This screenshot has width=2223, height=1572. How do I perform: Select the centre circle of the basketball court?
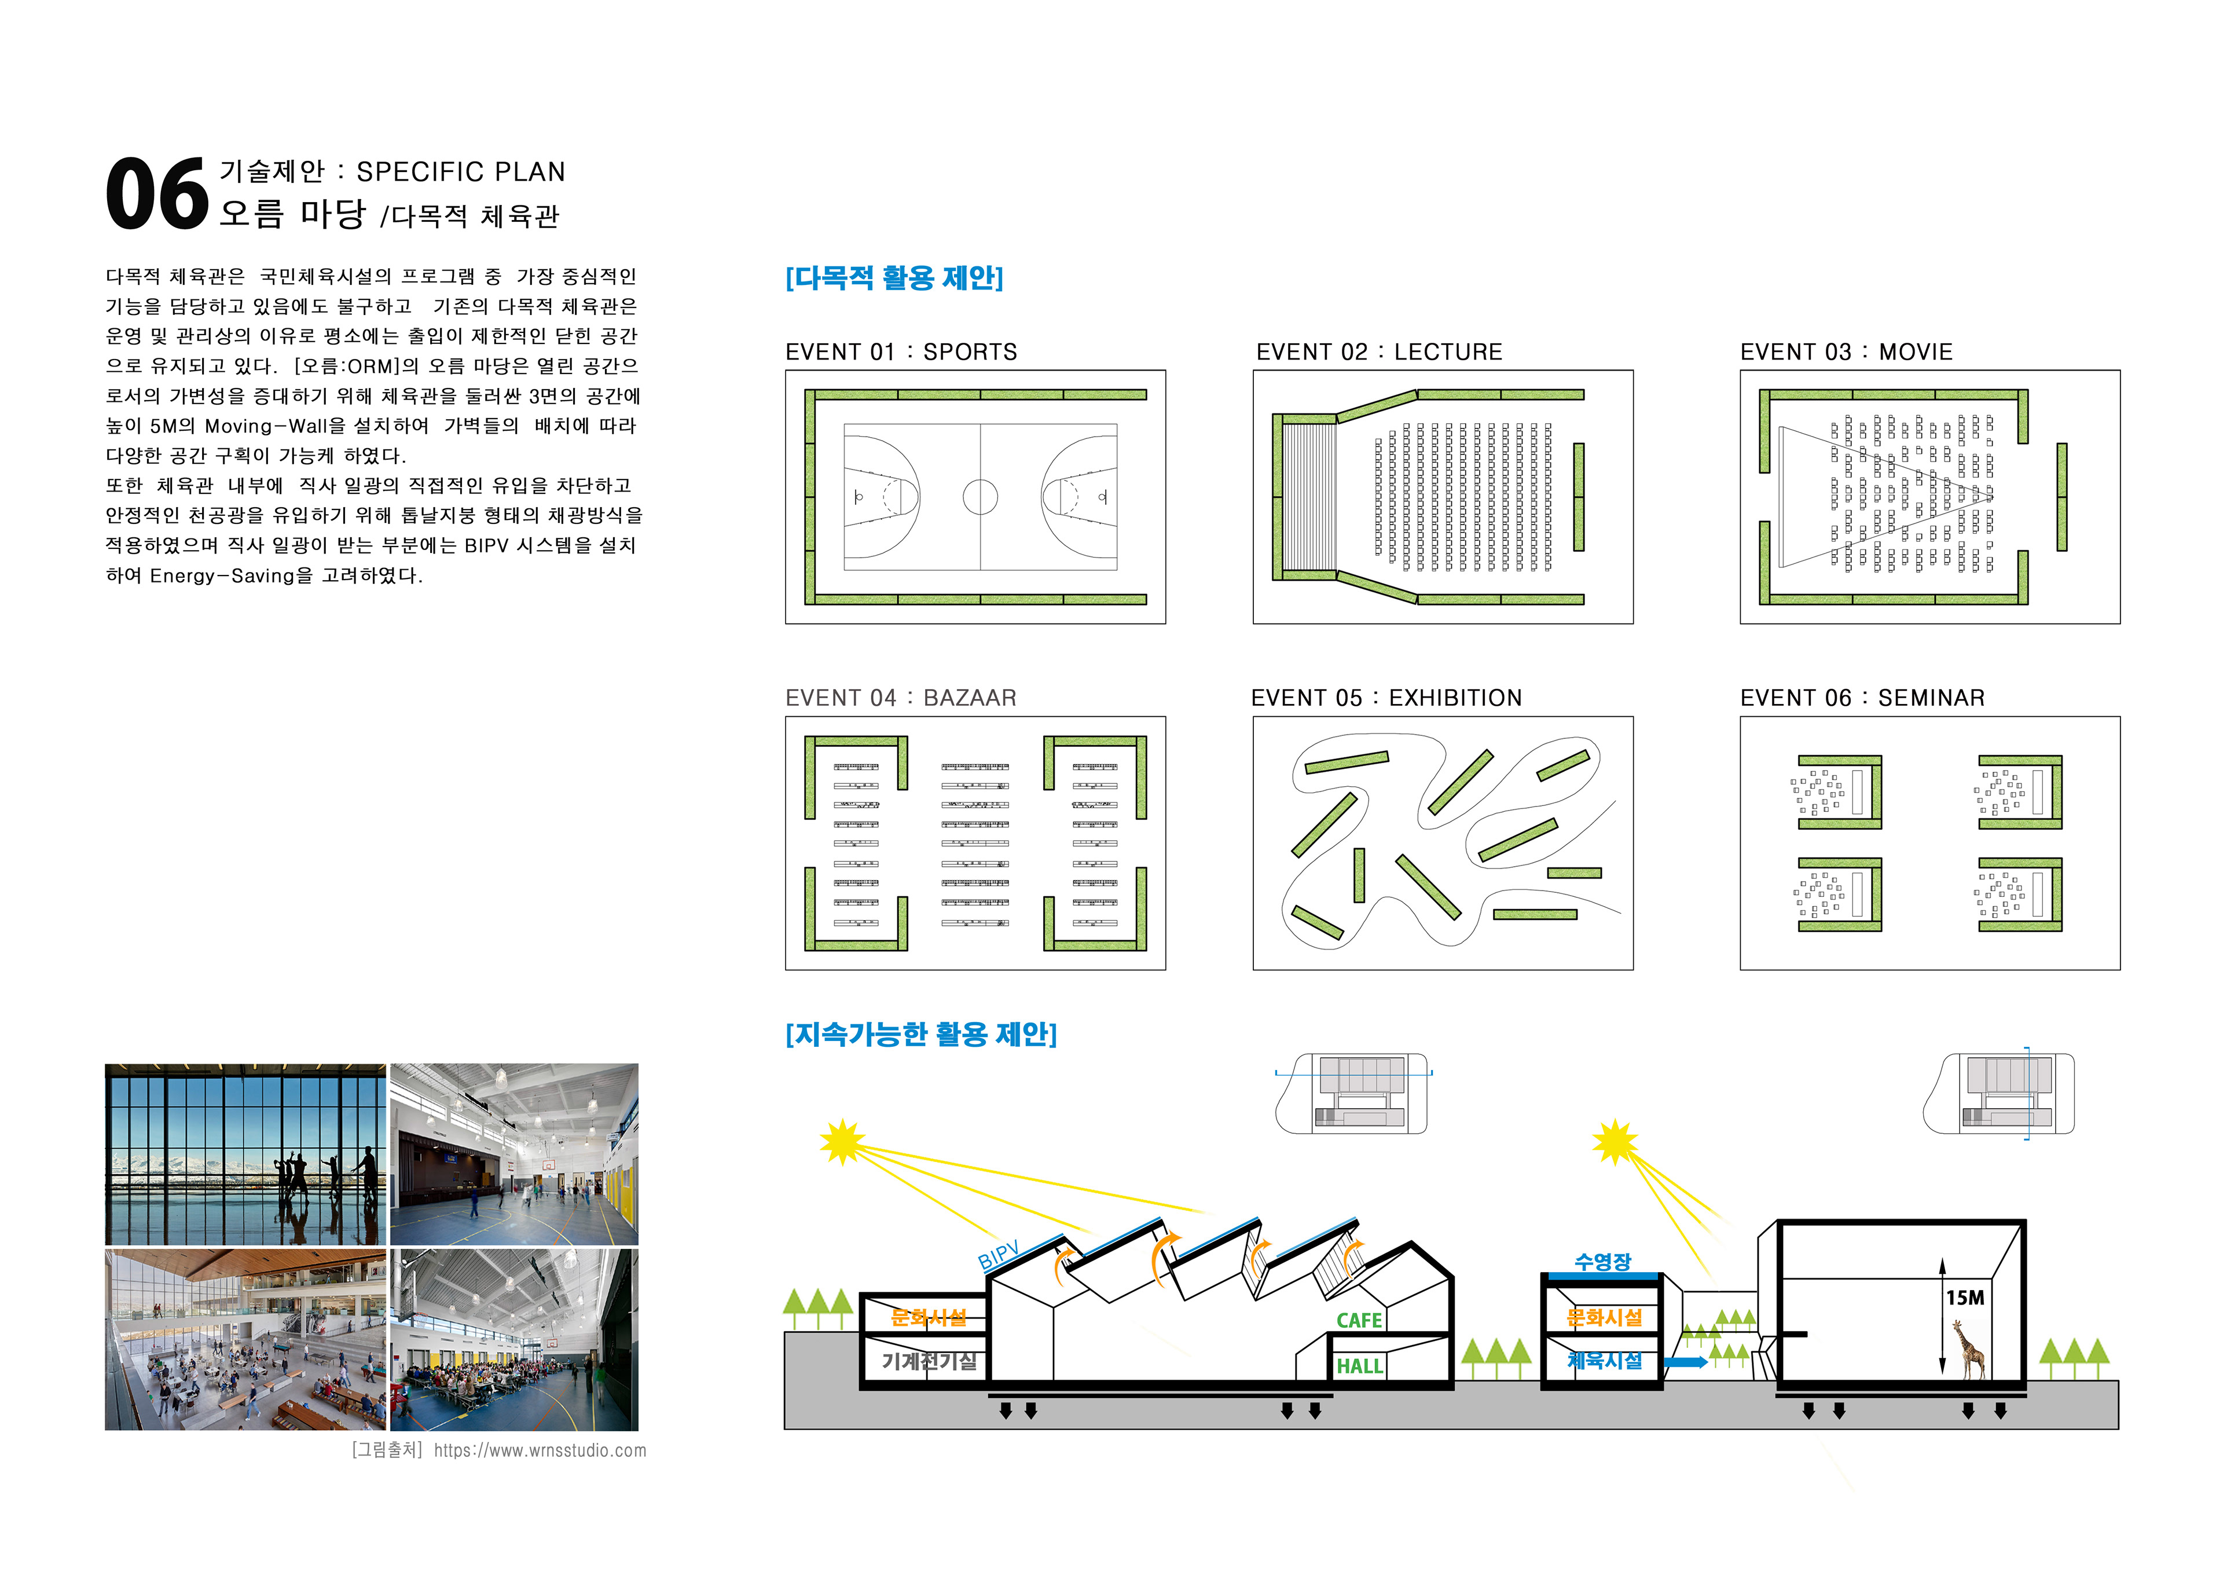pos(980,497)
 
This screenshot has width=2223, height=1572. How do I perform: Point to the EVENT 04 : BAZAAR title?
pos(900,698)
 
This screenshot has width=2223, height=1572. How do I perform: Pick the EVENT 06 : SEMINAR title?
pos(1862,698)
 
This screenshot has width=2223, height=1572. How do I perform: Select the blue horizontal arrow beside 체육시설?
pos(1686,1362)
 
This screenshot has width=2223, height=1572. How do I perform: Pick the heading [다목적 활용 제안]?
pos(894,278)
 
